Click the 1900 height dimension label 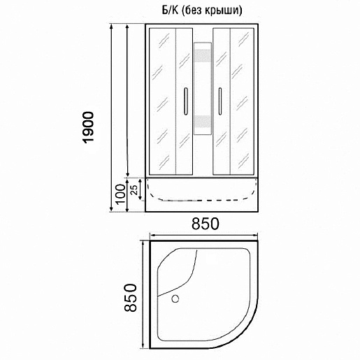tap(89, 127)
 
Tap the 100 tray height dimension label tap(120, 194)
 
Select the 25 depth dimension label tap(134, 190)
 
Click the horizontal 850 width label tap(206, 224)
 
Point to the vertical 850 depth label tap(130, 297)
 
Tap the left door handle tap(186, 101)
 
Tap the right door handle tap(219, 101)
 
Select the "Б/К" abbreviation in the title tap(170, 10)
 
